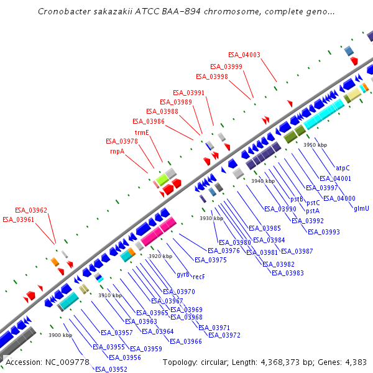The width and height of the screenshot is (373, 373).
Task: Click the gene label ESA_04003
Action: click(244, 55)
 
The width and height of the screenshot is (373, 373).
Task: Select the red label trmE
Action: click(142, 132)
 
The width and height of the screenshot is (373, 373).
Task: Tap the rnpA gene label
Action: click(117, 151)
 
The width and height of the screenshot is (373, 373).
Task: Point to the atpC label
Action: click(343, 168)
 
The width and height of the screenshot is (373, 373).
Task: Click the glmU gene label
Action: click(361, 208)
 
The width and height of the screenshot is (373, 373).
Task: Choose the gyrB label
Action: click(183, 274)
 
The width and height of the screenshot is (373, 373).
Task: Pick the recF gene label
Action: click(199, 277)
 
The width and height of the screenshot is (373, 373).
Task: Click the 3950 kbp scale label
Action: click(315, 145)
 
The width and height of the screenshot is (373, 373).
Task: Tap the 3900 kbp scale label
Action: click(60, 335)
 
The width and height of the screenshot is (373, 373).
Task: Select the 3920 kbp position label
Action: click(160, 256)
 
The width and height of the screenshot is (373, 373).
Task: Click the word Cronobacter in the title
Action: click(66, 12)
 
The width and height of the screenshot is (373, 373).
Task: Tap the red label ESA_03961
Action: click(19, 219)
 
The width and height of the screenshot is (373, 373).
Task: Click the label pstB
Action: click(296, 199)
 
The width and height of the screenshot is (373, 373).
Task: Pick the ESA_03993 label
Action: click(324, 232)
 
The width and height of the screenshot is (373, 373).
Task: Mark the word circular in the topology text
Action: click(219, 362)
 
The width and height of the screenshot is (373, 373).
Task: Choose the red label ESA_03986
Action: click(149, 121)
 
